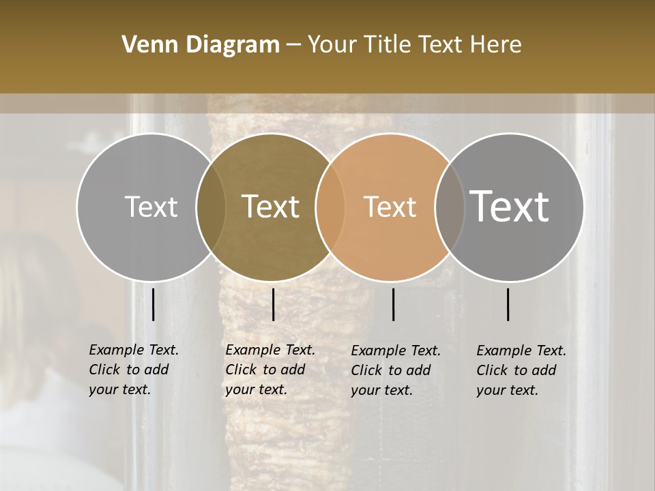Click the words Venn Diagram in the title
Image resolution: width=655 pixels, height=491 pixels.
[200, 45]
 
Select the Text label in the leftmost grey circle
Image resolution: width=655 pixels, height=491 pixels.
[151, 207]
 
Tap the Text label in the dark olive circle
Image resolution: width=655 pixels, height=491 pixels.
[271, 207]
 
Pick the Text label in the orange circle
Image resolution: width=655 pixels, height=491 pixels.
[390, 207]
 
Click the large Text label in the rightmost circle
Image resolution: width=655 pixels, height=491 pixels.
[510, 206]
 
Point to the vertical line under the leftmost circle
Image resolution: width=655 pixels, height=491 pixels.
[154, 304]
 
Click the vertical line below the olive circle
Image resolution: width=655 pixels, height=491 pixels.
[273, 304]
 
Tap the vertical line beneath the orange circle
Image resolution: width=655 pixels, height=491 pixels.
[394, 304]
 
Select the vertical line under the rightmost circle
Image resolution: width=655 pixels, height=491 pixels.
[508, 304]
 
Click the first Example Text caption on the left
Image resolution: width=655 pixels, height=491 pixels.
[133, 370]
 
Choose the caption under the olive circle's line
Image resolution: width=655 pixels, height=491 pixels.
[270, 370]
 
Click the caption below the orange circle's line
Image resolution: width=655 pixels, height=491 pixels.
[395, 370]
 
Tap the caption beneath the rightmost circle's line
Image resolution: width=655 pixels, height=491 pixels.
[521, 370]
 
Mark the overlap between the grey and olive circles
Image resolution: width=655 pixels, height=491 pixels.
[211, 207]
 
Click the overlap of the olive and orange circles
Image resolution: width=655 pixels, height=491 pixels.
[329, 207]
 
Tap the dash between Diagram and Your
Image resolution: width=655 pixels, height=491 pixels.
[293, 46]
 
